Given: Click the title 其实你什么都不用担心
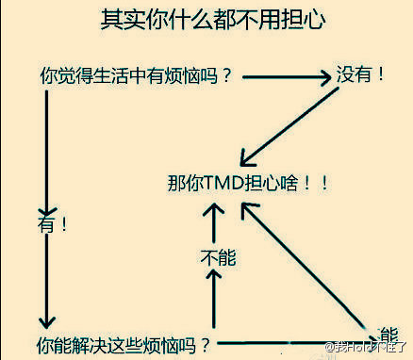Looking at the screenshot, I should [x=206, y=21].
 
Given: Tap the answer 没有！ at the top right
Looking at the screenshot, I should [x=361, y=74].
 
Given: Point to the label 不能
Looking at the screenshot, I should [x=216, y=255].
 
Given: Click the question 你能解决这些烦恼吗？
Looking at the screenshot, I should [x=123, y=344].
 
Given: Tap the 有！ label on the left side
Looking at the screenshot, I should [x=51, y=224].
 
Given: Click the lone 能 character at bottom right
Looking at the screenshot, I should [x=388, y=333].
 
